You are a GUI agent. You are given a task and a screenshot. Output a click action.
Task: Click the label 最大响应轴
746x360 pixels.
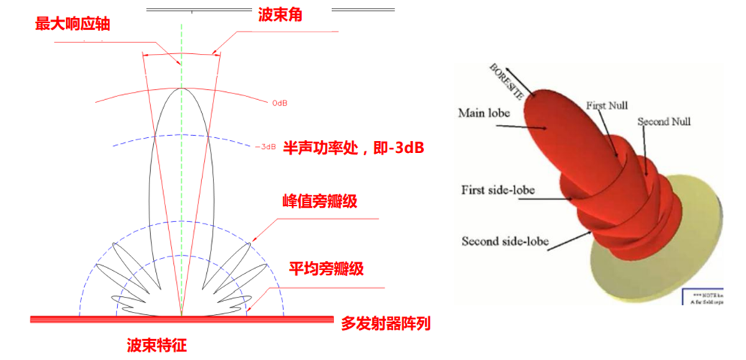point(73,24)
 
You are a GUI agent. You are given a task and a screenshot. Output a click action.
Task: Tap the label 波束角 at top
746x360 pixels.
point(279,14)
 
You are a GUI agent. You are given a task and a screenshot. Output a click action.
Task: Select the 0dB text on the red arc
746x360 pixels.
point(280,103)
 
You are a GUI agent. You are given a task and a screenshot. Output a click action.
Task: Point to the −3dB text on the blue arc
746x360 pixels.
point(265,147)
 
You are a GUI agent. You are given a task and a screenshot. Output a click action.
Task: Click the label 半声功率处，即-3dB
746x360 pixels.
point(353,148)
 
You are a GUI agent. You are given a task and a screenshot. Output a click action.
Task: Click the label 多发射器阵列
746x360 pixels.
point(385,323)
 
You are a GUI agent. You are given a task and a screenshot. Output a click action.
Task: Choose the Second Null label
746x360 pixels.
point(663,121)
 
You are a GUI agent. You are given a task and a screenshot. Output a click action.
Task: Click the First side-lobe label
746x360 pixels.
point(501,190)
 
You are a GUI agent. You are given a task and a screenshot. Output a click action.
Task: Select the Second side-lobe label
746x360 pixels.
point(505,241)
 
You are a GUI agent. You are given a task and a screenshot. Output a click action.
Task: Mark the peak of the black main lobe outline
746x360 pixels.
point(182,88)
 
